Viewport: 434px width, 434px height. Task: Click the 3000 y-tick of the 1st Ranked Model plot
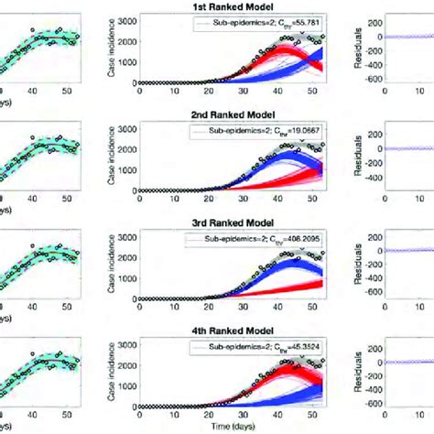tap(128, 20)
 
